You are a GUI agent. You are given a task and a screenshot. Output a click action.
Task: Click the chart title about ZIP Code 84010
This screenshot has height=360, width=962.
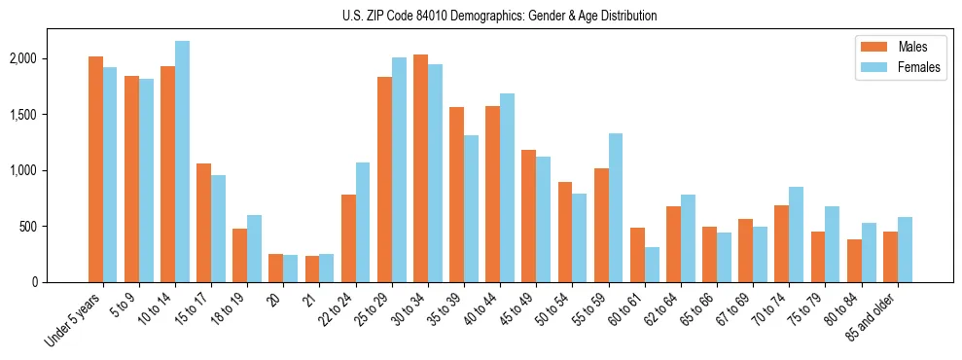500,16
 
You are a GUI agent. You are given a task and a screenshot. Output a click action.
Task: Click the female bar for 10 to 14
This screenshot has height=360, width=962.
182,162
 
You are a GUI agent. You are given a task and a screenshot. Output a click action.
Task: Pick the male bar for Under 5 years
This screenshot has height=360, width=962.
95,169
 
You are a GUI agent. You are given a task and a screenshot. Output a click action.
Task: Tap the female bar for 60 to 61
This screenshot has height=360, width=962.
652,265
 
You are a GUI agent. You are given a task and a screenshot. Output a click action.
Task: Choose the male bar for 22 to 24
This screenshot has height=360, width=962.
348,238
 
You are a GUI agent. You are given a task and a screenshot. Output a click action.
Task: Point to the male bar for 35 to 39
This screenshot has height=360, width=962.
456,195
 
